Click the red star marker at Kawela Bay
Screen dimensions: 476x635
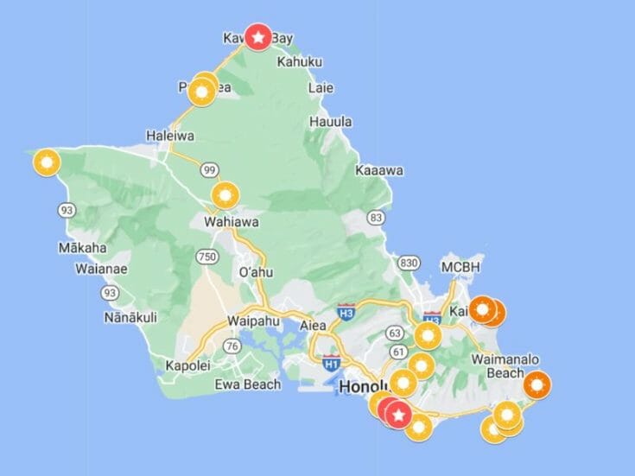[x=257, y=36]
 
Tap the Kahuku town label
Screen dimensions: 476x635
[x=300, y=62]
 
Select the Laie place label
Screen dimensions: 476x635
[x=321, y=88]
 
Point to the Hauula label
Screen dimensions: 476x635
[x=331, y=122]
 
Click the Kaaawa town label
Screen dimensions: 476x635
[x=379, y=171]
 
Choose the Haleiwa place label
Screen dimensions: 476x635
[x=170, y=136]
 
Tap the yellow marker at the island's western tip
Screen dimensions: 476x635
[x=46, y=162]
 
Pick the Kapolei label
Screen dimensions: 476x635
[x=187, y=365]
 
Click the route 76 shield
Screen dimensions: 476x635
[x=232, y=346]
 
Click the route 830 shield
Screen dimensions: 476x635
[x=410, y=263]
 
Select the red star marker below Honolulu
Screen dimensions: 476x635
[x=397, y=415]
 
